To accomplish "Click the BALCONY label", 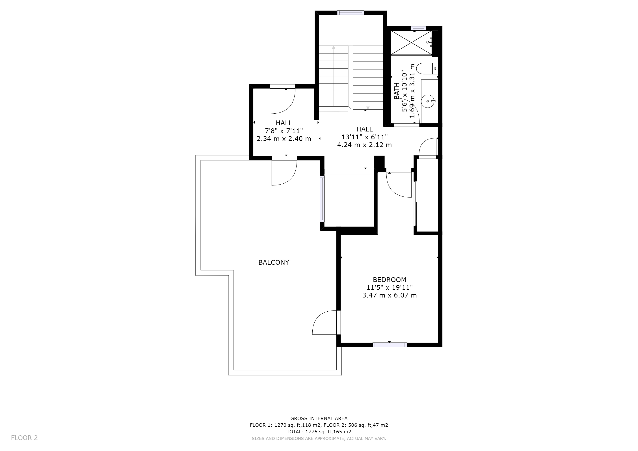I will [273, 262].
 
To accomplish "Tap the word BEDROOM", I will [389, 280].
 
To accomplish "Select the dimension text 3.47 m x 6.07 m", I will [389, 295].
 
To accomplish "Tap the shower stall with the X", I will [411, 43].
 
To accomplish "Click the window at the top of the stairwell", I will [351, 13].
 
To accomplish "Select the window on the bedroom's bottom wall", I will [389, 345].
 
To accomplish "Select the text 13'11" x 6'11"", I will [364, 137].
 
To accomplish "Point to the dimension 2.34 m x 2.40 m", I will [284, 139].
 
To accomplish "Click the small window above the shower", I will [418, 28].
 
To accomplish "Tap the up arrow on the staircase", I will [334, 48].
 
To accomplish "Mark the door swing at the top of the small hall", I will [282, 100].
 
